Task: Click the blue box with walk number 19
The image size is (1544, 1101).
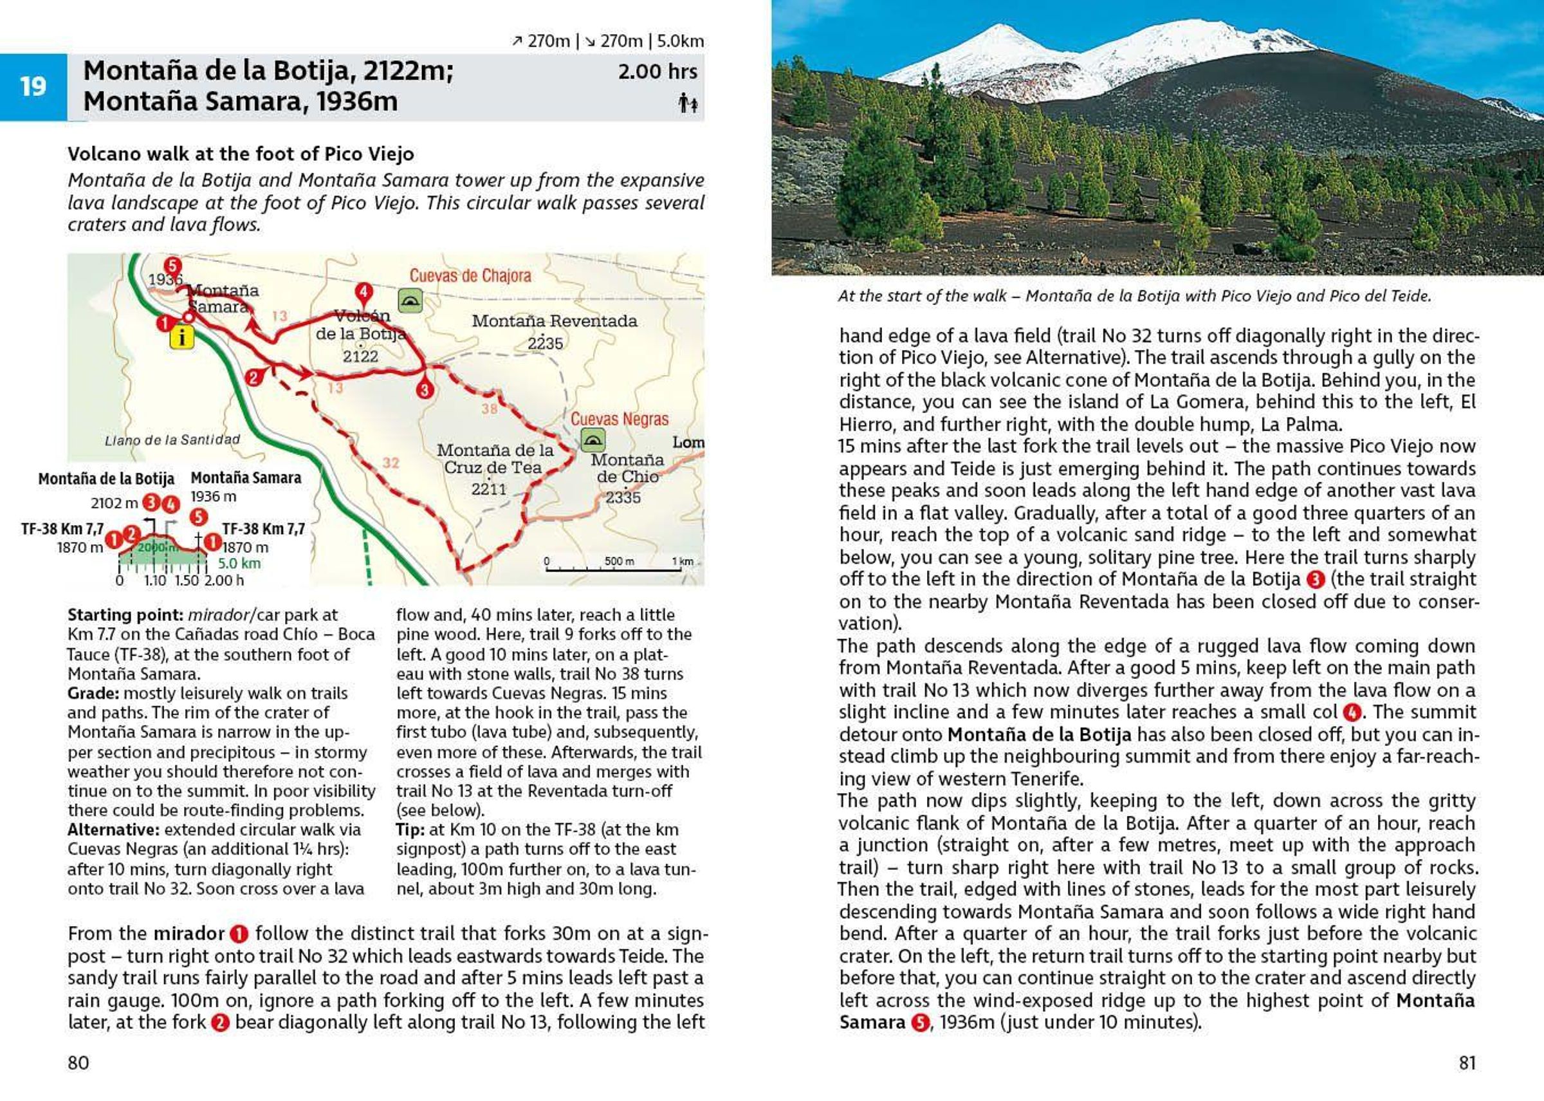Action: pos(33,87)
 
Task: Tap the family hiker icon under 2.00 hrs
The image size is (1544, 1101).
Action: pos(688,104)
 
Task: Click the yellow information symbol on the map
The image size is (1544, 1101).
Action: pos(181,337)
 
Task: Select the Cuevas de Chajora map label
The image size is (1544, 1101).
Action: pos(470,276)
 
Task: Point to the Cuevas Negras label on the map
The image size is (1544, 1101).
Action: pos(619,419)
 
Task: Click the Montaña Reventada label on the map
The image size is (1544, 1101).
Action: pos(555,320)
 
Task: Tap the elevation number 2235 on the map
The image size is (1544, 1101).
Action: pos(545,343)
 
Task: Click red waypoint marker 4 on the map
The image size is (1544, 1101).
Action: pos(363,293)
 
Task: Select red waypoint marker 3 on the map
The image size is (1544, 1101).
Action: pos(425,390)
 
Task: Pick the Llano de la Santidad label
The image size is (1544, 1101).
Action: pos(172,440)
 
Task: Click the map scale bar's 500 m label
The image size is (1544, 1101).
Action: pos(619,561)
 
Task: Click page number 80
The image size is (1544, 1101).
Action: pos(78,1062)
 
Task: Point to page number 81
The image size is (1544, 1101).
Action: pos(1467,1062)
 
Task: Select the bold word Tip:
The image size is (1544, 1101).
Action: pos(410,830)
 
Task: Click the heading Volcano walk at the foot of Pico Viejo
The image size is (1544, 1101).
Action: pos(241,154)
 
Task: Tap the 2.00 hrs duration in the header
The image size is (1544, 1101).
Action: pos(657,71)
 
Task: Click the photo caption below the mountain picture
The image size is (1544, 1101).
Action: pos(1134,295)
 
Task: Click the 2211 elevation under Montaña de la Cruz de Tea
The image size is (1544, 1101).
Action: pos(489,490)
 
